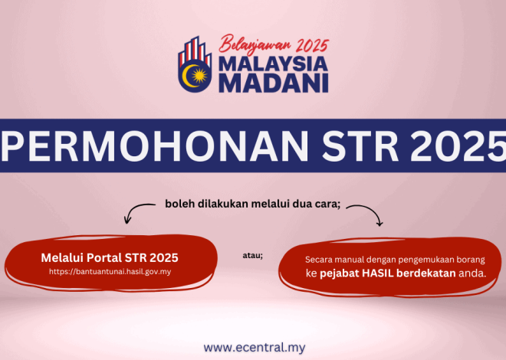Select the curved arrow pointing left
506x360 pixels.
point(139,211)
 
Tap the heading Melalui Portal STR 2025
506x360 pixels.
point(103,257)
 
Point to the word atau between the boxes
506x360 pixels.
point(252,255)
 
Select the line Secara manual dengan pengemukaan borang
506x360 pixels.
point(395,259)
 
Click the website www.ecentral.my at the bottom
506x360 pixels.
point(254,347)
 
